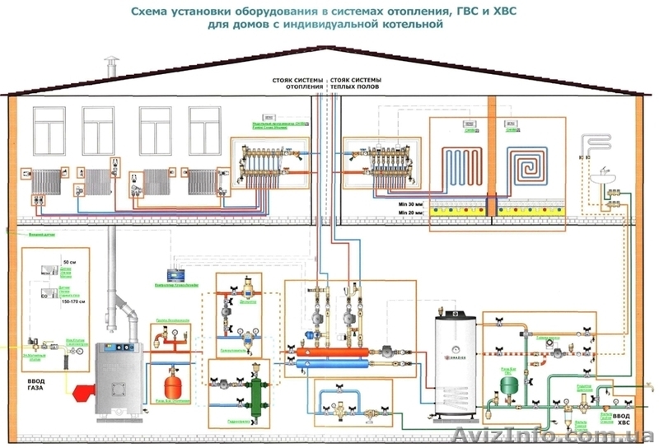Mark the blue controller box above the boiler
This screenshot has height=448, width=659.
pos(175,272)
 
